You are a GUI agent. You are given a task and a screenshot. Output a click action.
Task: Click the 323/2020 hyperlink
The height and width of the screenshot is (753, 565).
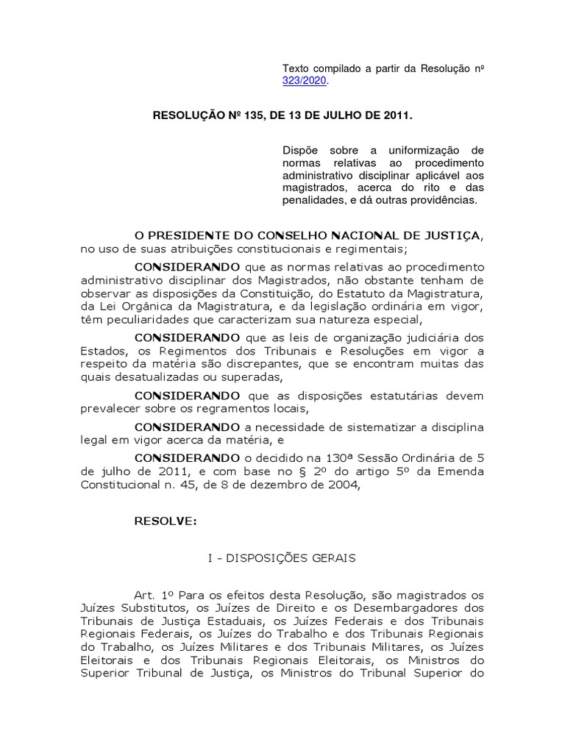click(305, 81)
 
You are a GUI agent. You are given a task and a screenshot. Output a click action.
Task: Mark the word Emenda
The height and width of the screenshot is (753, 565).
click(462, 471)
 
